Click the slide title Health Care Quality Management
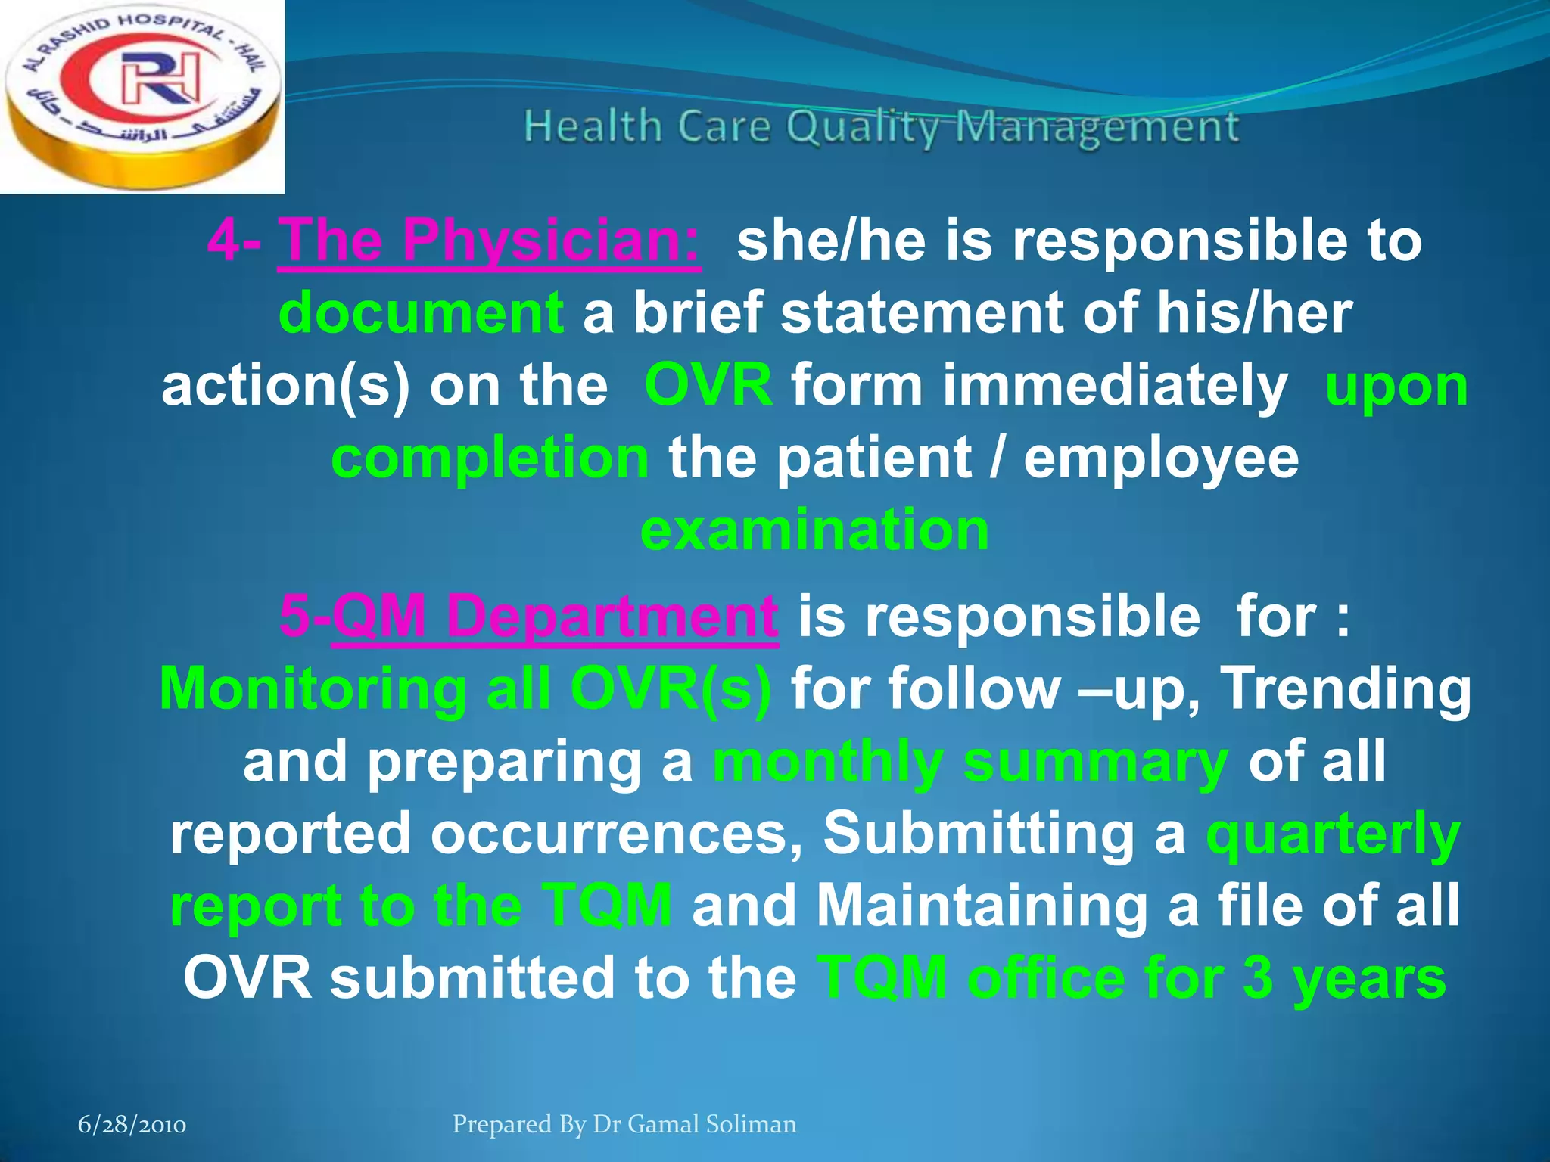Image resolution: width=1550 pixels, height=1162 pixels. [x=881, y=126]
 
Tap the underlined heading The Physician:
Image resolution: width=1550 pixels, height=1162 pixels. [x=489, y=241]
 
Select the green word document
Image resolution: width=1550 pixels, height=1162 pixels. [x=421, y=313]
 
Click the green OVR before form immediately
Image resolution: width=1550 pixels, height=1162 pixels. [x=708, y=386]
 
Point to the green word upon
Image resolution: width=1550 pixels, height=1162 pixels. [x=1396, y=386]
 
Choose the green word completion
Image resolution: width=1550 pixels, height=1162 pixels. [x=490, y=458]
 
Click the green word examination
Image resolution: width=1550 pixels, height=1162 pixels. [x=814, y=530]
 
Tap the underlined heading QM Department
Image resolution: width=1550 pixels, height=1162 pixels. [x=554, y=617]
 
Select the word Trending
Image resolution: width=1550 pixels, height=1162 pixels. [x=1347, y=688]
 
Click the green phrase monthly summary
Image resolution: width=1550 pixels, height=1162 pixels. [x=970, y=762]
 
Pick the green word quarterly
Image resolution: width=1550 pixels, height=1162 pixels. [x=1333, y=834]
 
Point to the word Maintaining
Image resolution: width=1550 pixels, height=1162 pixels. [x=987, y=906]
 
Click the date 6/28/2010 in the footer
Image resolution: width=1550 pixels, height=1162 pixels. [x=132, y=1125]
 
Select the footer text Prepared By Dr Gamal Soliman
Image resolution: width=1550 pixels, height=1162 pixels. [x=624, y=1124]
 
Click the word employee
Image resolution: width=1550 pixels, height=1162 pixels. [x=1161, y=458]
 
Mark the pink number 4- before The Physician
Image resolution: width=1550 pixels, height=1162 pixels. [x=235, y=241]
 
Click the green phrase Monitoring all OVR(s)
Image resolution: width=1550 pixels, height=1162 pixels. [x=465, y=688]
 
